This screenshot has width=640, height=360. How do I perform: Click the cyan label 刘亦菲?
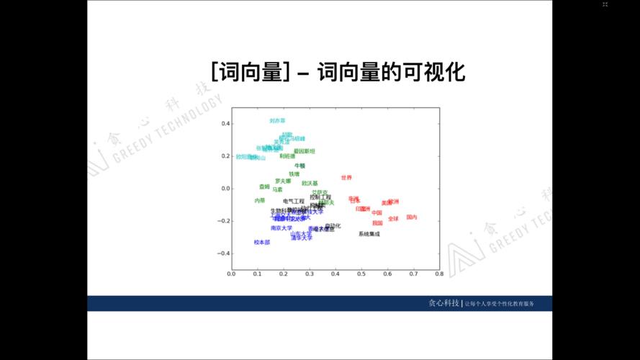click(x=277, y=121)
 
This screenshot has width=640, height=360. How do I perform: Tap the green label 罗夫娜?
click(x=283, y=181)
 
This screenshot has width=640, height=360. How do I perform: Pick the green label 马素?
click(x=277, y=189)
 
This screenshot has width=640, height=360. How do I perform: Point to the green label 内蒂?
click(x=259, y=200)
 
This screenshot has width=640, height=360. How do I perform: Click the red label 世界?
click(x=346, y=177)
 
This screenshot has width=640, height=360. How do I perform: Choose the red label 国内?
click(x=411, y=217)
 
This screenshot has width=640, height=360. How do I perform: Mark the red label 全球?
click(x=392, y=218)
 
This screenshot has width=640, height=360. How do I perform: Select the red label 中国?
click(x=377, y=212)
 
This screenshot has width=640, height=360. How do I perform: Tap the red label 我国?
click(x=377, y=223)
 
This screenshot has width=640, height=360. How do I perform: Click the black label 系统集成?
click(x=369, y=234)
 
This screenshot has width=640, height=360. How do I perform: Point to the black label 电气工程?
click(x=293, y=201)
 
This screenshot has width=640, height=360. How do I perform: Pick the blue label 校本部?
click(x=261, y=243)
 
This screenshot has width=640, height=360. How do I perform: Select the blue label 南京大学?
click(x=281, y=228)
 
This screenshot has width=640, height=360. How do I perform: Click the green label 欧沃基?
click(x=310, y=183)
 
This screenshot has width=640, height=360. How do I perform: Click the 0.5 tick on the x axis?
click(x=361, y=274)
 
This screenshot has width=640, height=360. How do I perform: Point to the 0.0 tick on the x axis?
click(x=231, y=274)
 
